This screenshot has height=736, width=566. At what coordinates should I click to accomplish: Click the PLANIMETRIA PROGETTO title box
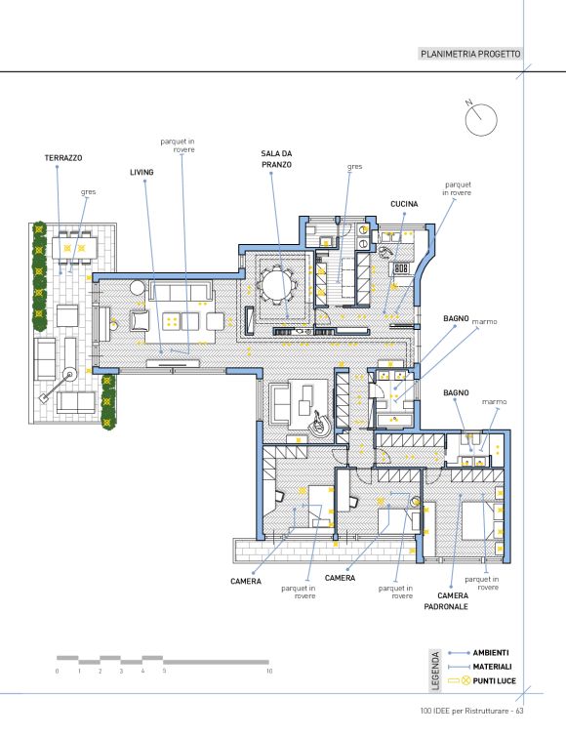470,54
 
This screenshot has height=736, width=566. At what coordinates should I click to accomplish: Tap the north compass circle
481,120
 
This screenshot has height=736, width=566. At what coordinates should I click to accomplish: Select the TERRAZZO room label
63,158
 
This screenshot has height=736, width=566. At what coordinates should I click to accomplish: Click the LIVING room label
141,172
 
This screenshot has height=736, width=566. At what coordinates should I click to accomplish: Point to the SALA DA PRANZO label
276,159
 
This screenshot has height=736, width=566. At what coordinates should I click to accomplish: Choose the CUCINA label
404,204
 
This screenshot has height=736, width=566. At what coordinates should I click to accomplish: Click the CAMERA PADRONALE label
446,601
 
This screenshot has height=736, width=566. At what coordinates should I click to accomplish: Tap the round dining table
276,285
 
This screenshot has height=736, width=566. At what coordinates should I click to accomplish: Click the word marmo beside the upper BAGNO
484,322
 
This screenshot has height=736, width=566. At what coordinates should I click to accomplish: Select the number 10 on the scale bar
269,672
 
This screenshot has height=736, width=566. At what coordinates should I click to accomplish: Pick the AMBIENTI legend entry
491,653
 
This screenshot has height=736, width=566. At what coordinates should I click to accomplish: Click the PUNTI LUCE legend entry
494,680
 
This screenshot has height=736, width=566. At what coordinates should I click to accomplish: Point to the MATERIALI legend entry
492,667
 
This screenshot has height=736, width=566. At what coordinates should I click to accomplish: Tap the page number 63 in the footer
519,712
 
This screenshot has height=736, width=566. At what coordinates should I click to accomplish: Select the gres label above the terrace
88,192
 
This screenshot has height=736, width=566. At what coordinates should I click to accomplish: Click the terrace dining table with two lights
74,248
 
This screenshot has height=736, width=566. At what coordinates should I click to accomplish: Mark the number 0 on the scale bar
58,672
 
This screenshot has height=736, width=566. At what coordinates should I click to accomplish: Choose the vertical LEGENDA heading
435,671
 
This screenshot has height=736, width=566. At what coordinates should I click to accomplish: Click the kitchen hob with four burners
401,268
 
